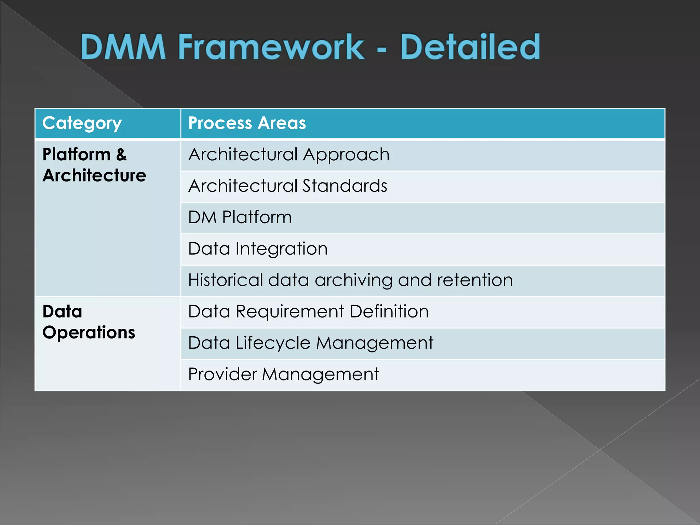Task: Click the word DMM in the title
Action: point(123,47)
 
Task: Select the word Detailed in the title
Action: point(470,47)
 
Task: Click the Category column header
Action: point(82,123)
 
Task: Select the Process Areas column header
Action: point(247,123)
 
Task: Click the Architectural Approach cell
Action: point(289,154)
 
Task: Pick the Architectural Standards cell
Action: point(287,186)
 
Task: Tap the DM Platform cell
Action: point(240,217)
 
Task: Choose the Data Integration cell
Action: point(258,249)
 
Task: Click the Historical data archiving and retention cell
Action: point(350,280)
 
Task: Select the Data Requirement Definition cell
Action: point(308,312)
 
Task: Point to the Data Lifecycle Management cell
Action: point(310,343)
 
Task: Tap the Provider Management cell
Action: point(283,375)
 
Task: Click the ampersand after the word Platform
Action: point(121,155)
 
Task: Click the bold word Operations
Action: point(89,333)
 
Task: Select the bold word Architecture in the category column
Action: point(94,176)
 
